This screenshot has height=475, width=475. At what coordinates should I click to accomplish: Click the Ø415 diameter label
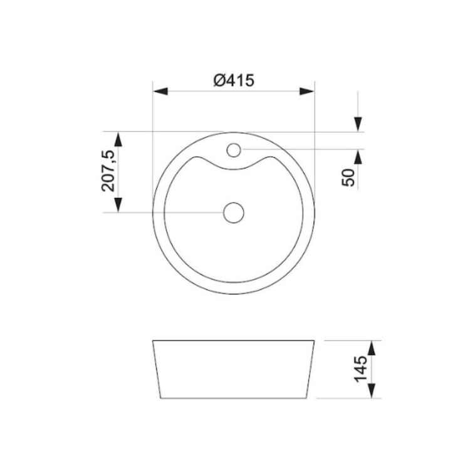point(234,81)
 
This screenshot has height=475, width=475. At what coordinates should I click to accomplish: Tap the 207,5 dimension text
point(108,170)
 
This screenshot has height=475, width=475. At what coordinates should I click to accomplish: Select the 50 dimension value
point(348,178)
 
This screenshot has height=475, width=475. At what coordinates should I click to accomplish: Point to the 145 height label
point(360,369)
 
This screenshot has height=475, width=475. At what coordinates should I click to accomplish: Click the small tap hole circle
point(234,150)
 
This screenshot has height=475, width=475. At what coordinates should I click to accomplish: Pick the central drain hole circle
point(234,212)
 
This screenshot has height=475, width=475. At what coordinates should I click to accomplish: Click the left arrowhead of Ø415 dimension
point(160,91)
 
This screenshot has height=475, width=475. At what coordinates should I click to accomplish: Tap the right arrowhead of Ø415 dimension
point(306,91)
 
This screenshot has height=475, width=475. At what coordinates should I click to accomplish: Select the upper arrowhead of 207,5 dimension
point(118,139)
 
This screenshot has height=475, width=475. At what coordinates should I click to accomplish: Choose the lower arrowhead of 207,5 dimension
point(118,205)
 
